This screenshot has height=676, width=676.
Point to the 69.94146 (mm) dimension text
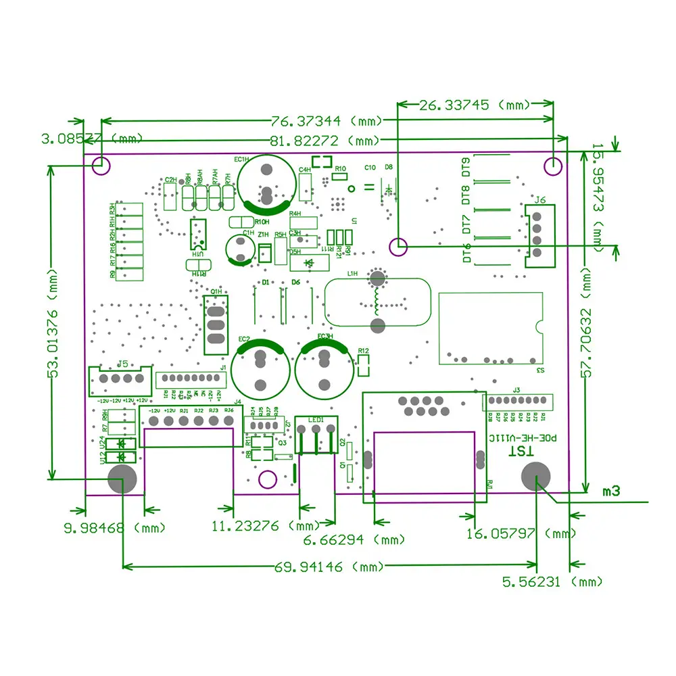(327, 566)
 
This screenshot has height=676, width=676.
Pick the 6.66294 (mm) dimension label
(354, 540)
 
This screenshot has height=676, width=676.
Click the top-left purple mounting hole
(101, 164)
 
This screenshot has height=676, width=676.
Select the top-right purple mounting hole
(553, 165)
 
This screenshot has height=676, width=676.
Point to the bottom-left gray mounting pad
(122, 479)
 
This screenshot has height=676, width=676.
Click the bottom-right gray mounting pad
(537, 478)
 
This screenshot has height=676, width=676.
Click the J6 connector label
(539, 200)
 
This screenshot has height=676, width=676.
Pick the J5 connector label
(122, 364)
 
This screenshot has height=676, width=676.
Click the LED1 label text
(316, 419)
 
